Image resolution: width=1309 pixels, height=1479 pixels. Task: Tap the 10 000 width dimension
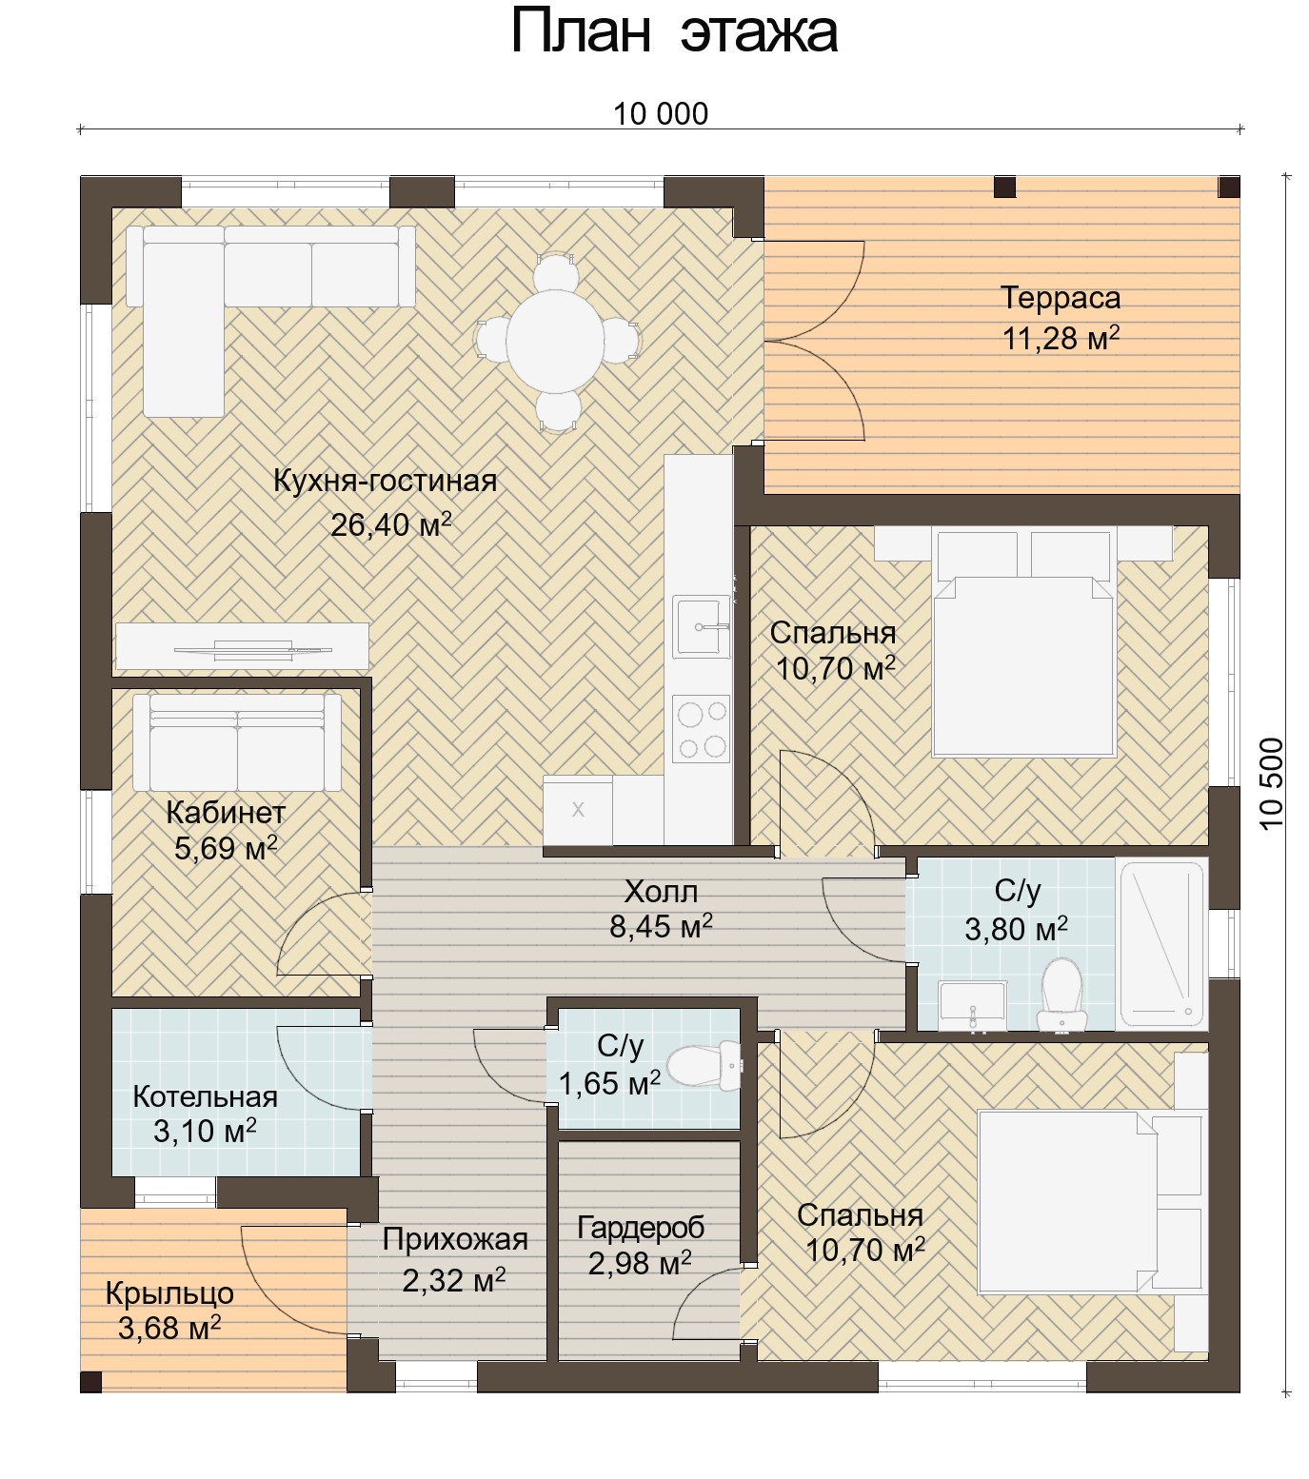[661, 114]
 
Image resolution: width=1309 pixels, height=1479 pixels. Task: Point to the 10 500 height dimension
[1271, 783]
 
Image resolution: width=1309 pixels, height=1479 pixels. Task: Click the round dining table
[556, 338]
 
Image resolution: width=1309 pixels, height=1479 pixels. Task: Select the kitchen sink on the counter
[701, 626]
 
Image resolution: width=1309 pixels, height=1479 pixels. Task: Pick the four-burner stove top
[701, 729]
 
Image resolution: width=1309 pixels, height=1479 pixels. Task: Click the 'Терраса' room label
[1061, 298]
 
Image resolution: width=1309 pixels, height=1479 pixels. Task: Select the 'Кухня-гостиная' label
[385, 481]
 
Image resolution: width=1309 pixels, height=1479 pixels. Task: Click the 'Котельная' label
[206, 1096]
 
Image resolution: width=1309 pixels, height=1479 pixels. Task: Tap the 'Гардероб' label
[641, 1228]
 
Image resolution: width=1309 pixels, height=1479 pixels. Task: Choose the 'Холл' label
[661, 892]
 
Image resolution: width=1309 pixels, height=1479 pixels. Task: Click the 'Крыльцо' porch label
[169, 1294]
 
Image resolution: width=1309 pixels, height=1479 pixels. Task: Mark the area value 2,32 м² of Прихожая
[453, 1280]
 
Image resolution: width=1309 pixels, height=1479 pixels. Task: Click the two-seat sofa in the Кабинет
[237, 742]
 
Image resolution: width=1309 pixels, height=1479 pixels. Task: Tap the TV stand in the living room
[242, 647]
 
